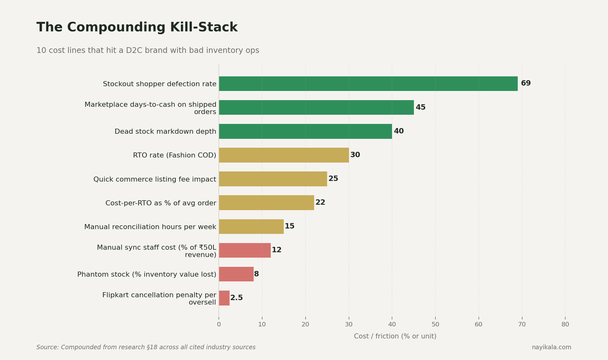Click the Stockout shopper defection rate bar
(368, 84)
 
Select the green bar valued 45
(316, 107)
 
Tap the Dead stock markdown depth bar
(305, 131)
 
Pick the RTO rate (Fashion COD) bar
(284, 155)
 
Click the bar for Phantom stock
(236, 274)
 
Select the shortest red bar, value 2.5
(224, 298)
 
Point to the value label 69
(526, 83)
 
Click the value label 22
(320, 202)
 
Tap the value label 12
(276, 250)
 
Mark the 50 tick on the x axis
(435, 325)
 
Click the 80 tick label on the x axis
(565, 325)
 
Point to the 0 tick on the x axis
(219, 325)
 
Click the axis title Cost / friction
(395, 336)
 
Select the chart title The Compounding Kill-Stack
(137, 28)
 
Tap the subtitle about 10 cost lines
(148, 51)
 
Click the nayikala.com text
(551, 347)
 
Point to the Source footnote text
(146, 347)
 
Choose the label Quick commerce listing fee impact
(155, 179)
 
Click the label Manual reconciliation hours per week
(150, 227)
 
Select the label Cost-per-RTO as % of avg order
(161, 203)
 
